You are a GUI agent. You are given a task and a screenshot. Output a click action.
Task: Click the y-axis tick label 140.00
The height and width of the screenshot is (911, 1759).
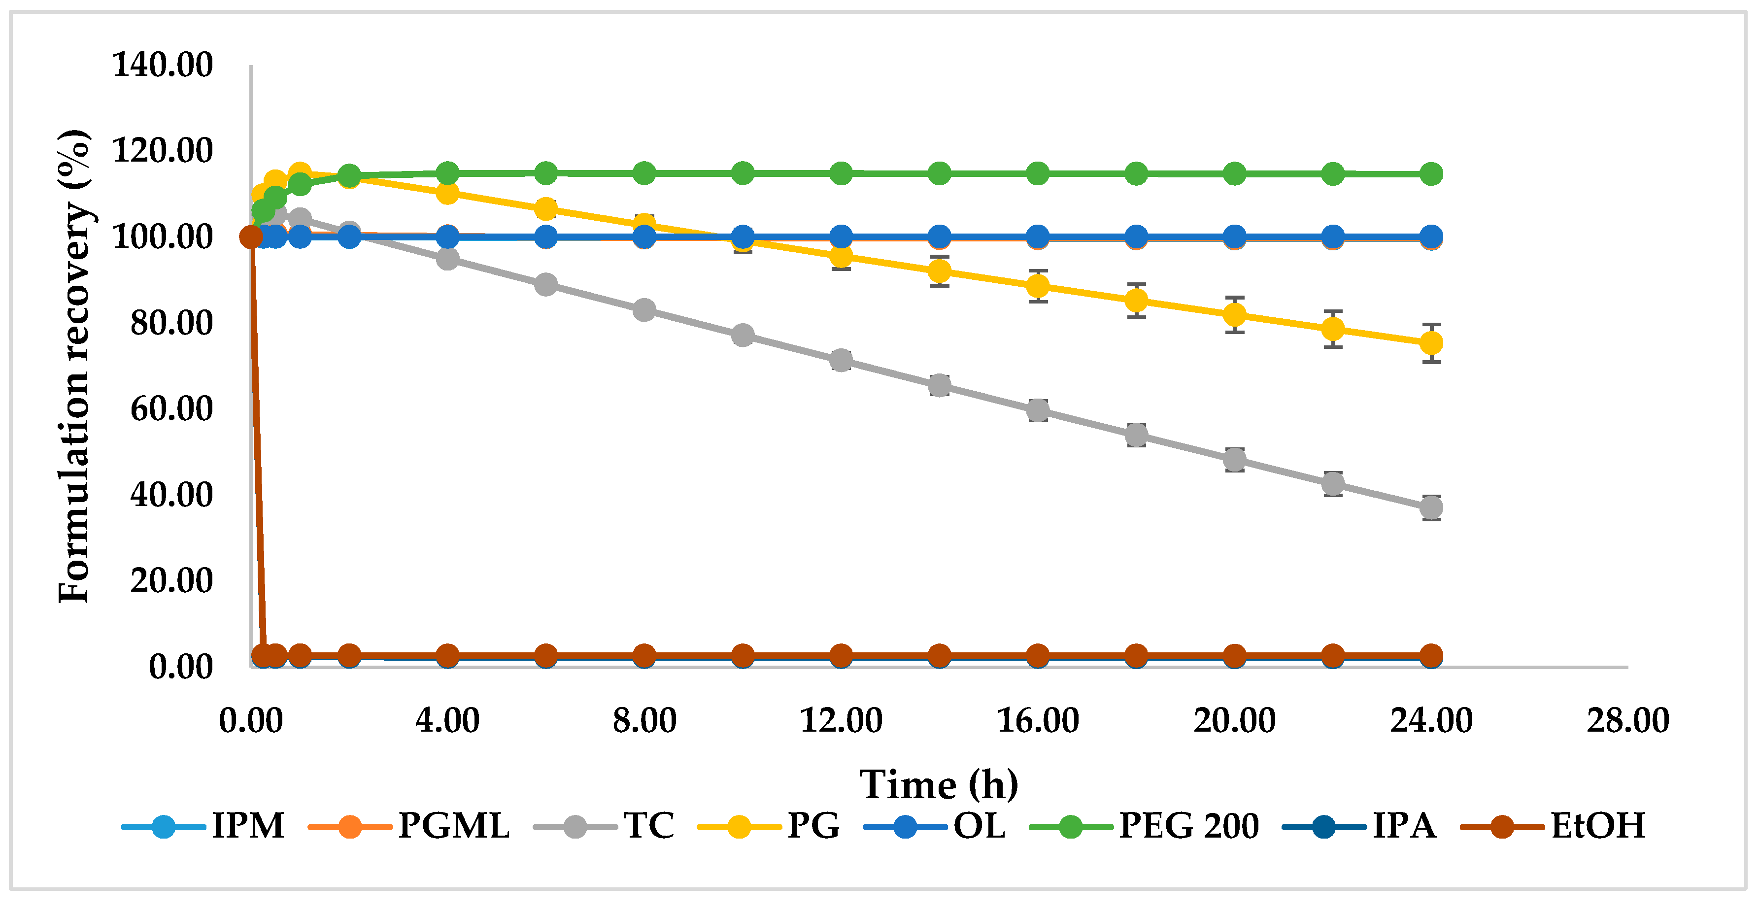coord(163,66)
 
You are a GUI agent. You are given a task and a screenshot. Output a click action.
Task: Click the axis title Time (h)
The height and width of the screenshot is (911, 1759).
coord(938,785)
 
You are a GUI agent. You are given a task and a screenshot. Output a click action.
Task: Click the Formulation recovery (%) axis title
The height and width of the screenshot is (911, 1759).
coord(74,366)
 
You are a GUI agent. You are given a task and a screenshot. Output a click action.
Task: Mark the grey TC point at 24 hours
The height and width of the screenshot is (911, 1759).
coord(1430,508)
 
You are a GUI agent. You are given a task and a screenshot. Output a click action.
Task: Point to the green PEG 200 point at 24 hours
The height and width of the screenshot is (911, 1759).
coord(1430,174)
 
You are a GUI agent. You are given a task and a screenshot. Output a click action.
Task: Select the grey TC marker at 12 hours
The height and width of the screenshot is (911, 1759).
coord(841,360)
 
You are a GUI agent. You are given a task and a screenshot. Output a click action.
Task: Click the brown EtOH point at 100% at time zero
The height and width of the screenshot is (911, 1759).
coord(251,237)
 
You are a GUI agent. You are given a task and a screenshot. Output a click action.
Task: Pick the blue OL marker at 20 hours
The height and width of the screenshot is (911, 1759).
coord(1234,237)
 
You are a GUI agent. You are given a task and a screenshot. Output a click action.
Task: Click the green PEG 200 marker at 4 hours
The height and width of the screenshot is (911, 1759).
coord(447,173)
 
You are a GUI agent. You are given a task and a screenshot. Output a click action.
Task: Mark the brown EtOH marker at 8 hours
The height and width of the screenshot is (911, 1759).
coord(644,656)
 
